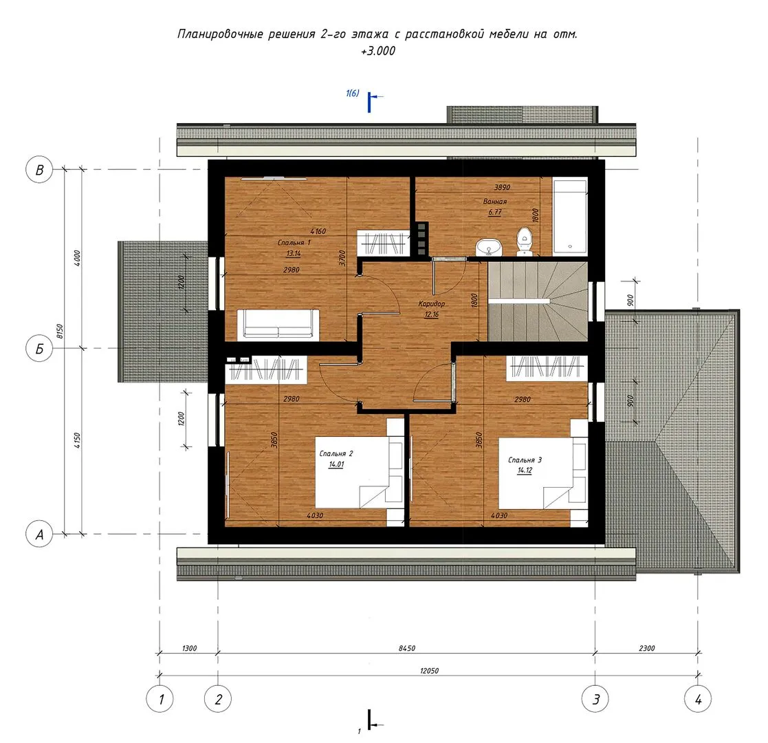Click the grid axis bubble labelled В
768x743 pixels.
tap(39, 169)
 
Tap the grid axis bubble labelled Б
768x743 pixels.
tap(39, 349)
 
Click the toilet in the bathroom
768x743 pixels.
tap(525, 241)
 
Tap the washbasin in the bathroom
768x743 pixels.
tap(488, 247)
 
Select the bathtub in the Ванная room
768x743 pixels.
tap(570, 216)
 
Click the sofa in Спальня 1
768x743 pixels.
tap(278, 325)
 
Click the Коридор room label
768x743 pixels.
tap(432, 304)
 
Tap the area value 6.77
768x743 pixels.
tap(494, 212)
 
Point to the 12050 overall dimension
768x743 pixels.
tap(429, 671)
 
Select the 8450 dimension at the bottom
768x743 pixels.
tap(406, 648)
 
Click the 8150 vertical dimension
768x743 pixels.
tap(60, 332)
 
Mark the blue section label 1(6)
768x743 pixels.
tap(352, 93)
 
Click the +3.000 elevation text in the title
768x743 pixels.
tap(378, 51)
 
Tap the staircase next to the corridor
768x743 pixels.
tap(537, 301)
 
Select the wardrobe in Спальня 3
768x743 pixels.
tap(546, 367)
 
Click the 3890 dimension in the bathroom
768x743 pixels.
tap(502, 187)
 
